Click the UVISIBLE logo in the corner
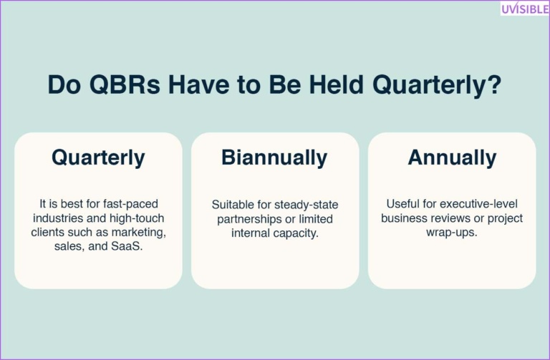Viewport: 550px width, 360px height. [x=524, y=8]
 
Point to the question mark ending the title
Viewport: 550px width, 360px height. [x=493, y=84]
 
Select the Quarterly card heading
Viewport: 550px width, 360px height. [x=98, y=157]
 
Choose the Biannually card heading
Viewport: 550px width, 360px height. [x=274, y=157]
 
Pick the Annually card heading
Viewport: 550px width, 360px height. [x=452, y=157]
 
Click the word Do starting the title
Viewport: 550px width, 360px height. [x=62, y=84]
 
